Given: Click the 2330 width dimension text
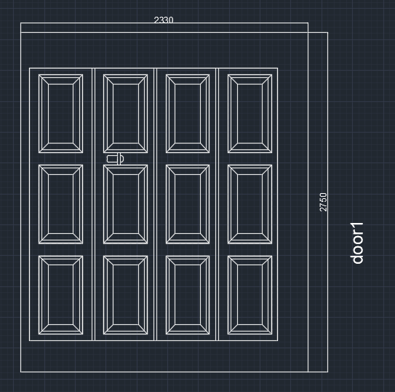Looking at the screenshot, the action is (164, 20).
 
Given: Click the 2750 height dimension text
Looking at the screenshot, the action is (323, 203).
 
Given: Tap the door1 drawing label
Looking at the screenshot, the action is (356, 243).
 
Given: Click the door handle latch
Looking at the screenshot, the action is (116, 159).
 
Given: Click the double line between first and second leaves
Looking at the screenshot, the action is (93, 204).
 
